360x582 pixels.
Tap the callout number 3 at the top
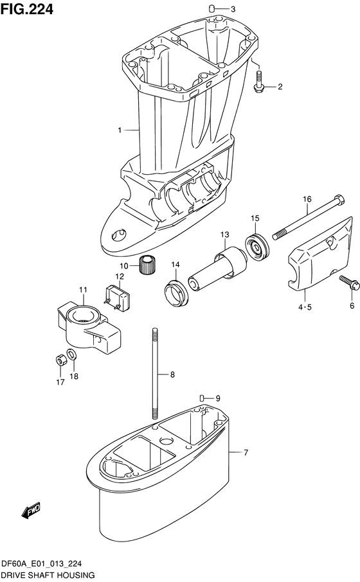[233, 9]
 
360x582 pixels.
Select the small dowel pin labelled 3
[212, 8]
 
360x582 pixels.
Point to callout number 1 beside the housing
[119, 130]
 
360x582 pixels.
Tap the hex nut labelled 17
[59, 358]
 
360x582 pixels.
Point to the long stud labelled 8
[156, 372]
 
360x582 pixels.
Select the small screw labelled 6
[345, 281]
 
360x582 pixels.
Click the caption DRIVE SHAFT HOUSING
[48, 574]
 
